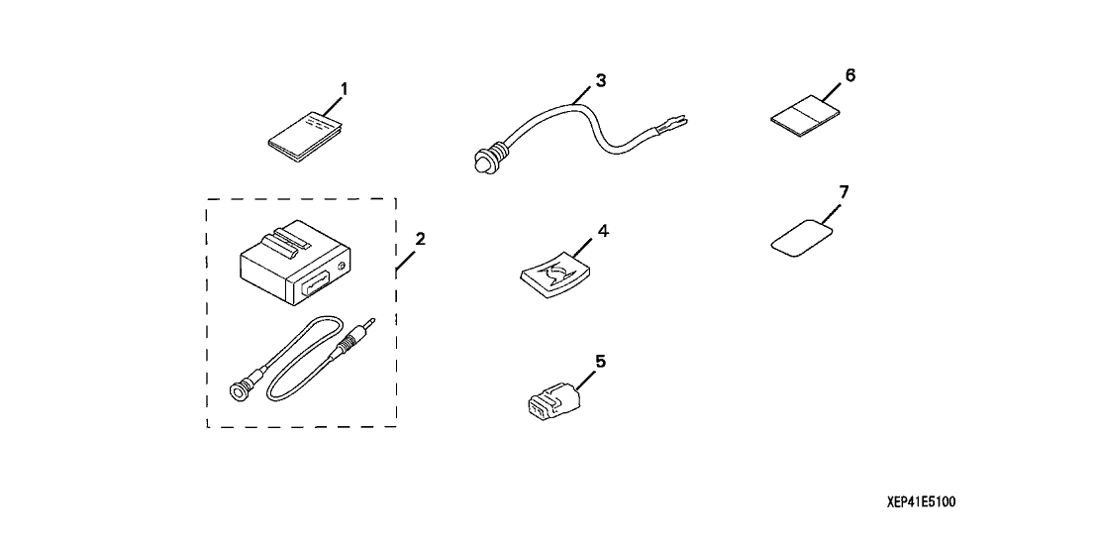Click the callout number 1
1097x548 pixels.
344,89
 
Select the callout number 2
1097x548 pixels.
420,239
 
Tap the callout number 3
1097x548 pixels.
600,80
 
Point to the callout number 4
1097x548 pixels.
603,230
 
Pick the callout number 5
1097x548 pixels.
600,361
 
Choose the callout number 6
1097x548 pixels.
850,75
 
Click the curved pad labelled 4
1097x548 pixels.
556,274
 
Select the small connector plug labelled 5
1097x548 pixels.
552,400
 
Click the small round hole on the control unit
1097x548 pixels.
342,266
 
